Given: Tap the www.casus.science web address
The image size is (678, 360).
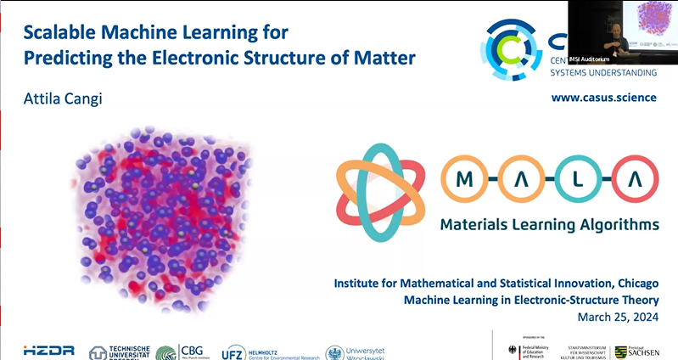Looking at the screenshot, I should [603, 98].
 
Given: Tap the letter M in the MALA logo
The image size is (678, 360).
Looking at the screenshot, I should [464, 180].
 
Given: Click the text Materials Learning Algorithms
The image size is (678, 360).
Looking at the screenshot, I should [548, 225].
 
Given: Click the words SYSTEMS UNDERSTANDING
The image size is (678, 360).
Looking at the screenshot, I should [603, 72].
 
